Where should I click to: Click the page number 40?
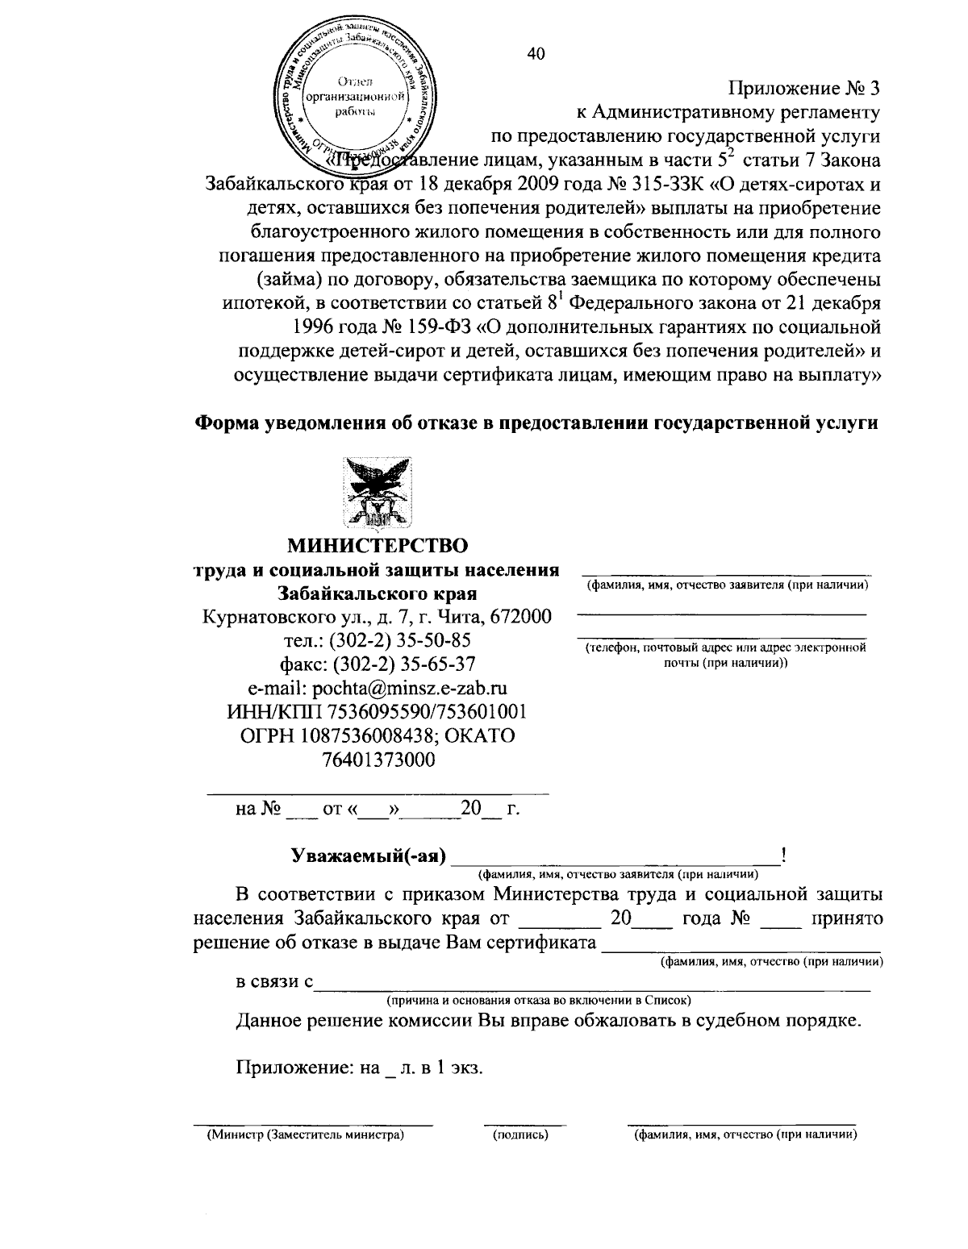[x=535, y=54]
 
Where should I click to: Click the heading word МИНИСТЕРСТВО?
[x=378, y=546]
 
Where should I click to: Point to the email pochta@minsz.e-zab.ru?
[x=377, y=688]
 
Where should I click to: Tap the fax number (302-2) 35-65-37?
[x=403, y=664]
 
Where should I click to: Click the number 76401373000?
[x=377, y=759]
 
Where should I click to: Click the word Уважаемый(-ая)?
[x=369, y=856]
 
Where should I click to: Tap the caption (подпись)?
[x=520, y=1135]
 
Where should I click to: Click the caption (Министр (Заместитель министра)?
[x=306, y=1135]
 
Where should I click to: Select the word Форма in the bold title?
[x=227, y=423]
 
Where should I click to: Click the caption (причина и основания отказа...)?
[x=538, y=1001]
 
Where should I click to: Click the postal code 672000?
[x=521, y=617]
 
